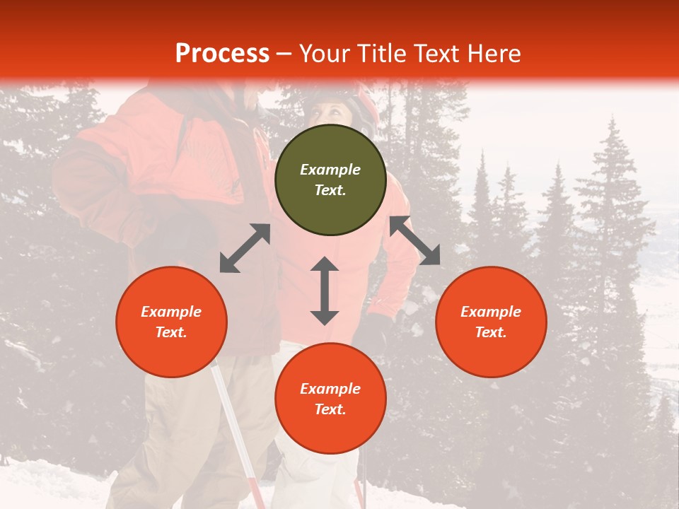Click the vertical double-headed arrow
[325, 291]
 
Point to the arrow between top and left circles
[245, 248]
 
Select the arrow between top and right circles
[415, 241]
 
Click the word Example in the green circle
[330, 170]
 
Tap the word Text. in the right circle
[491, 332]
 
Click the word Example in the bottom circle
[330, 389]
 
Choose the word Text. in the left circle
[171, 332]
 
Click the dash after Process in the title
[284, 54]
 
